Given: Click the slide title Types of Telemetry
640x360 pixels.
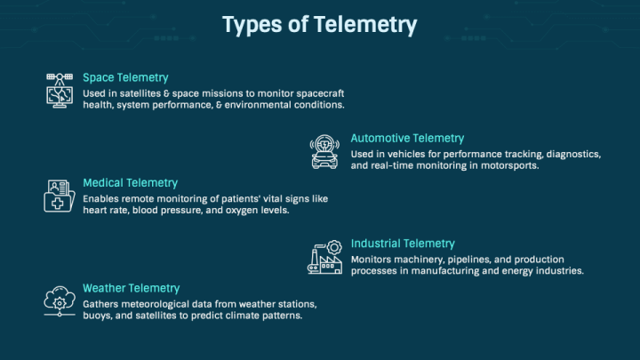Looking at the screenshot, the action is (x=320, y=25).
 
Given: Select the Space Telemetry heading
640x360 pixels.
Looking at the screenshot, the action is (x=125, y=77).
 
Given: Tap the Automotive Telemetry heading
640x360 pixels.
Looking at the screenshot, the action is (x=407, y=139).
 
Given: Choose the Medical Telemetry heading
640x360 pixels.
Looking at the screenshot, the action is (x=130, y=183).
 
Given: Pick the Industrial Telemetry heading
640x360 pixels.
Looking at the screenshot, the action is (x=403, y=244).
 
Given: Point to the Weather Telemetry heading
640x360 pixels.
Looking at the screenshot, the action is (x=131, y=288).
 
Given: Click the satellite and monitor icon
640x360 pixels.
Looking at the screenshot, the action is (x=60, y=90).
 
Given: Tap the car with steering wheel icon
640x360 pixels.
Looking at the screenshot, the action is (x=324, y=152).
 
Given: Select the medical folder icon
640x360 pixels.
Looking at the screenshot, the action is (x=60, y=196).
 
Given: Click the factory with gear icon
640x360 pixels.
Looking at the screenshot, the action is (x=325, y=257).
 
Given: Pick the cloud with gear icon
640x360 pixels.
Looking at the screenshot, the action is (x=60, y=301).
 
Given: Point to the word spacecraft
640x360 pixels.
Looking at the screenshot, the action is (x=320, y=94).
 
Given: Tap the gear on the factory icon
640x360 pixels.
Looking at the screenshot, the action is (x=334, y=247).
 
